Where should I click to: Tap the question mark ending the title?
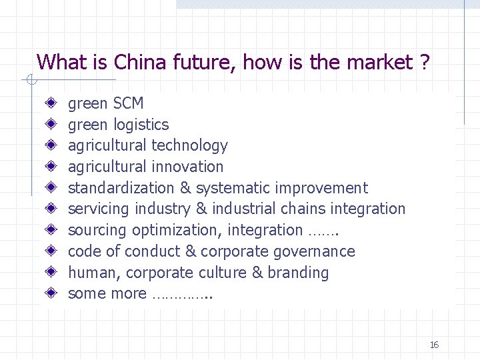[x=424, y=63]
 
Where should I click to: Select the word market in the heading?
[x=378, y=63]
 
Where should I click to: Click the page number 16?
[x=434, y=345]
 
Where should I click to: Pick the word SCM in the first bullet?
[x=128, y=103]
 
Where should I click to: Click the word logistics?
[x=141, y=125]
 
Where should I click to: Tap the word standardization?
[x=121, y=188]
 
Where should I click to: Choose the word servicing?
[x=99, y=209]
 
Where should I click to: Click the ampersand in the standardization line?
[x=186, y=188]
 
